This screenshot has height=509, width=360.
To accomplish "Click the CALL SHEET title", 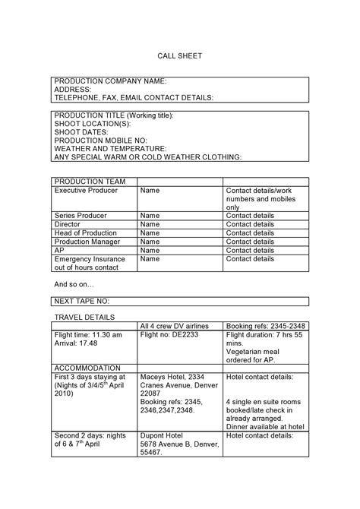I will pos(180,56).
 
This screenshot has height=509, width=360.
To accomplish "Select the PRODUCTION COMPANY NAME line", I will pos(110,81).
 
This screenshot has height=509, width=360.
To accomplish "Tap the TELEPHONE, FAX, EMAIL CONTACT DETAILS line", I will pos(134,97).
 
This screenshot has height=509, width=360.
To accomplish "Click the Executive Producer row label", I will pos(87,191).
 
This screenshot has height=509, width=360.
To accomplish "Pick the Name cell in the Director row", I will pos(150,225).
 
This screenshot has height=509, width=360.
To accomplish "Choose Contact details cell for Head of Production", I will pos(250,233).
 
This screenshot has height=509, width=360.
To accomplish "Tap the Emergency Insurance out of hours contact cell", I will pos(88,263).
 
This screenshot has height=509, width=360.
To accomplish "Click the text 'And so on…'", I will pos(74,284).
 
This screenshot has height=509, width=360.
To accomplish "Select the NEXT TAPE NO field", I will pos(82,302).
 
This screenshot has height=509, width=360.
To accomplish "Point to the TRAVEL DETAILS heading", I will pos(84,316).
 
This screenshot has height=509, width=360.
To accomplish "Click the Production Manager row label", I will pos(87,242).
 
